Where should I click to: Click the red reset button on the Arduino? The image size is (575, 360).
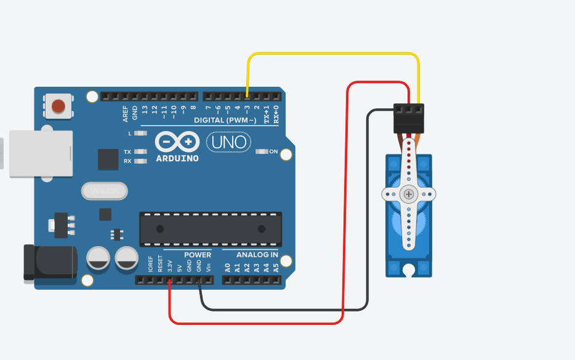[x=58, y=106]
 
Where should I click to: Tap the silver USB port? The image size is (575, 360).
[x=41, y=154]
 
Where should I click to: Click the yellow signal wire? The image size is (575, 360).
[x=332, y=54]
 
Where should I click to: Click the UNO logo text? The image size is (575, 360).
[x=228, y=143]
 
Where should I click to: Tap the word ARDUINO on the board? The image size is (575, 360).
[x=178, y=158]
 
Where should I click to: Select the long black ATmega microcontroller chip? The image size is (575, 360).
[x=210, y=229]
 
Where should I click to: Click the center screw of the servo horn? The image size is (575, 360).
[x=409, y=194]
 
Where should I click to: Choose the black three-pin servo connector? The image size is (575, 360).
[x=409, y=118]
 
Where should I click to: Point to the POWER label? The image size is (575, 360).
[x=197, y=255]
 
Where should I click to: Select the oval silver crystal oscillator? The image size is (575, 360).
[x=104, y=191]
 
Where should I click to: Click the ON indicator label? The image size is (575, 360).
[x=274, y=151]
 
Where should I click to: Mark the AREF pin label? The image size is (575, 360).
[x=125, y=113]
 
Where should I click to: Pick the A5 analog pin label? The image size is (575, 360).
[x=276, y=268]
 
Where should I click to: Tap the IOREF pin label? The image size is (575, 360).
[x=151, y=265]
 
